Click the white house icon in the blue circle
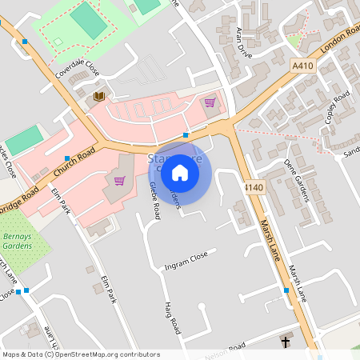tap(180, 173)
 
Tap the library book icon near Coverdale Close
tap(99, 97)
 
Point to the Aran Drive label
tap(243, 42)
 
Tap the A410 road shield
tap(303, 66)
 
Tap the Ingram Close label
tap(186, 259)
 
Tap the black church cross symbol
tap(286, 342)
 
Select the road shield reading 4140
tap(254, 187)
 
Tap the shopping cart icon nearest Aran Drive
tap(210, 102)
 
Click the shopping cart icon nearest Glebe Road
tap(119, 180)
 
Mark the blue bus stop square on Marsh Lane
tap(286, 290)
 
